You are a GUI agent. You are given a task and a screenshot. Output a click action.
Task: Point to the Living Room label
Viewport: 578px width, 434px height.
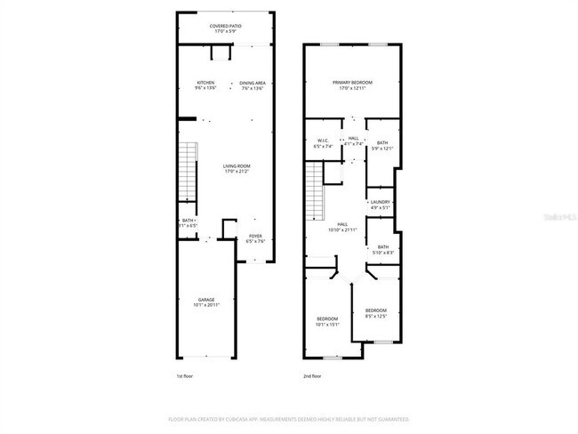(x=236, y=168)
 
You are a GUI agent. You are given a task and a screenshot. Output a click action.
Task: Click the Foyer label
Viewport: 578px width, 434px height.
(x=255, y=238)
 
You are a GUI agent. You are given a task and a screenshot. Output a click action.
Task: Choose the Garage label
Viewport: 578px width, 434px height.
(x=206, y=302)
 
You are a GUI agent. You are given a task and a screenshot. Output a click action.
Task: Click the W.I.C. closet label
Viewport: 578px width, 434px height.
(x=324, y=143)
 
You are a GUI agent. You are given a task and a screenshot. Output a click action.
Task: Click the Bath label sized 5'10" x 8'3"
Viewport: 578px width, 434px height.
(x=382, y=250)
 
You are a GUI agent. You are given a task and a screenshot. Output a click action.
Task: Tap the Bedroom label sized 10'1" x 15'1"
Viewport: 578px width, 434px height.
(x=327, y=321)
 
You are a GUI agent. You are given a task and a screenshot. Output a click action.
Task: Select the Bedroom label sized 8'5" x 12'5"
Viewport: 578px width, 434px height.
(x=375, y=313)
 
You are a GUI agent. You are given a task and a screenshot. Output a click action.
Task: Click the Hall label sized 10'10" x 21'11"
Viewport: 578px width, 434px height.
(x=342, y=227)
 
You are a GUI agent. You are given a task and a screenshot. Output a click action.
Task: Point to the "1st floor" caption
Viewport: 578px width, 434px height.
(x=185, y=377)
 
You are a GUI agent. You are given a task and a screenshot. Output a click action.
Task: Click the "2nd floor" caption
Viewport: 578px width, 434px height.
(x=313, y=377)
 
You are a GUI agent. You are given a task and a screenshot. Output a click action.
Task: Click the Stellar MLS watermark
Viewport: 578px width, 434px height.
(x=557, y=215)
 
